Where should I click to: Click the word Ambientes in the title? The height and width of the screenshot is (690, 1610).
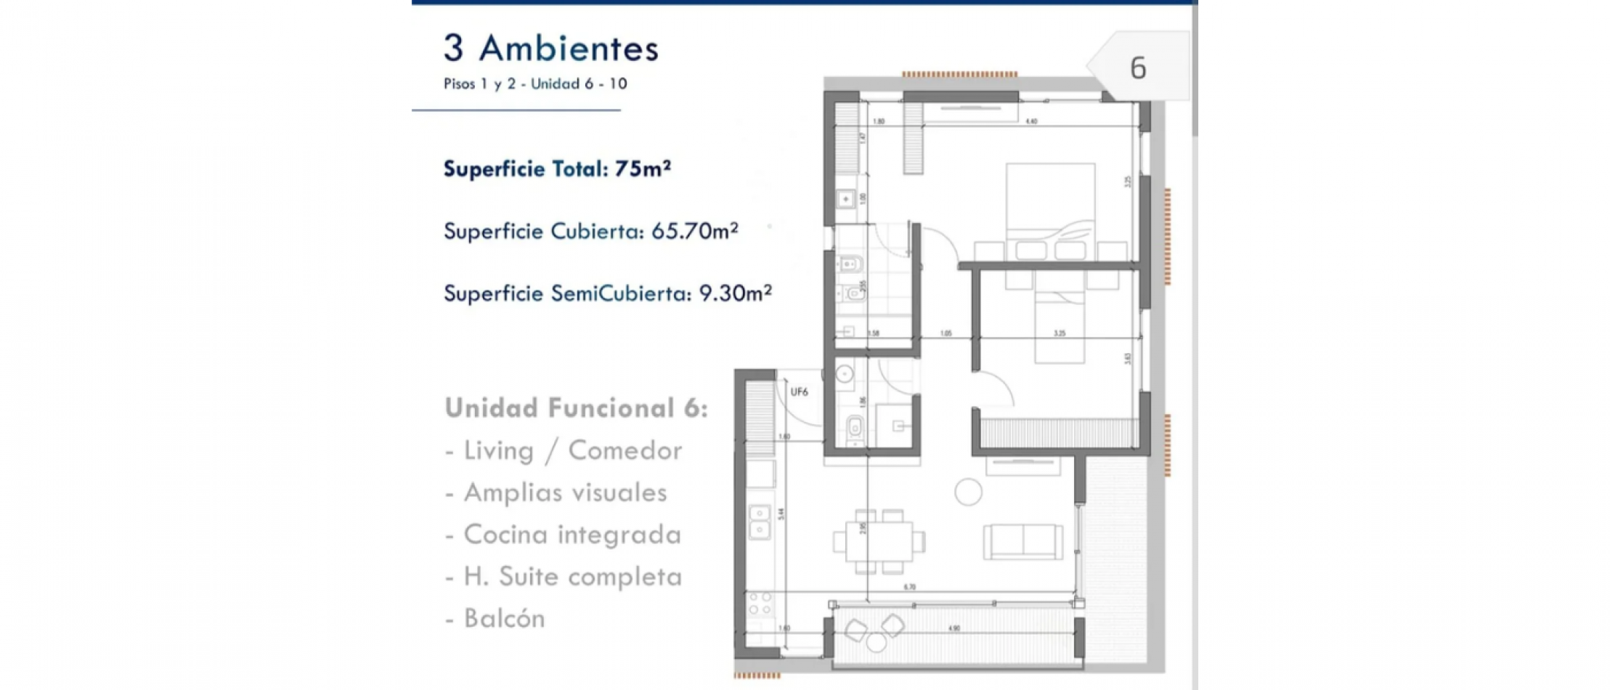569,49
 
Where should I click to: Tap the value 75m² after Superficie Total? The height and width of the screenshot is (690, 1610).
642,169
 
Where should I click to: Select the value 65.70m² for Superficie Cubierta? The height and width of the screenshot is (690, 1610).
694,231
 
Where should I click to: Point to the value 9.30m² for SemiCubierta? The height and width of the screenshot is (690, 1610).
734,293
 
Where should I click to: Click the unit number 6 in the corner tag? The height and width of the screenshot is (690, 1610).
1138,68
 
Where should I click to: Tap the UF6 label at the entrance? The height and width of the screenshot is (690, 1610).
799,392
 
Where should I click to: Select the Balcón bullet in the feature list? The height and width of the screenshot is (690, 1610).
504,619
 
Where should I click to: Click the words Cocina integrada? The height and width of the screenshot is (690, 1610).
572,535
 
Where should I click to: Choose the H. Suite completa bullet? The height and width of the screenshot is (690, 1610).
572,577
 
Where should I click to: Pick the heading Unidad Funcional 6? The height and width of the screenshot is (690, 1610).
576,408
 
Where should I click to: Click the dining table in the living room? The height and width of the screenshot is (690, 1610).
879,541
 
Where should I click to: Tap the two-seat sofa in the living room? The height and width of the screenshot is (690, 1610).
1023,542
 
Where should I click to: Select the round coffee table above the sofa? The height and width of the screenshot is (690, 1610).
968,492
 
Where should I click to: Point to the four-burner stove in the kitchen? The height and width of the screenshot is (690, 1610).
760,604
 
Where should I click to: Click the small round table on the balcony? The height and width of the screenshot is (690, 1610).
877,642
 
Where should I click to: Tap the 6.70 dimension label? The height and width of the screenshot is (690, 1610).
910,587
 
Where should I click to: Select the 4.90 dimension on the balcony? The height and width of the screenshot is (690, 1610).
954,628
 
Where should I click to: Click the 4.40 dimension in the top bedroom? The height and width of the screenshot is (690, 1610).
1031,121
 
